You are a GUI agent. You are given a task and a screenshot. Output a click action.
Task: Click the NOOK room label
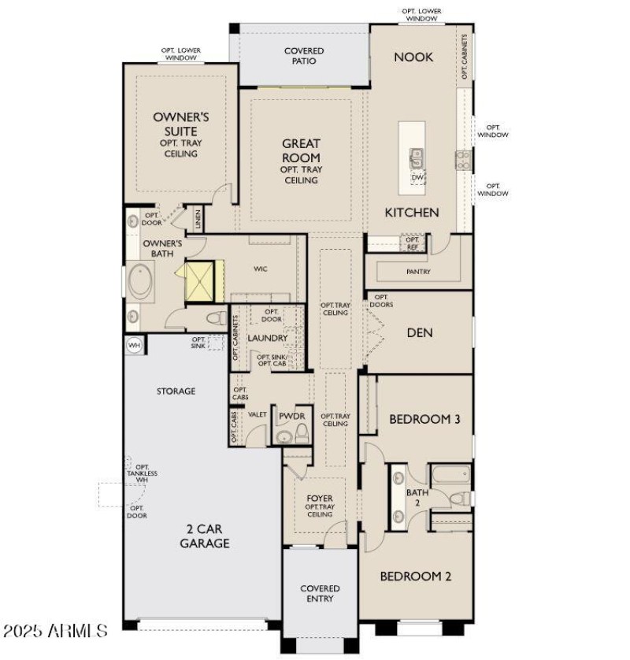pos(413,57)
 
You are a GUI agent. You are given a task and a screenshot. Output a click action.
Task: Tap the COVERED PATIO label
pos(303,57)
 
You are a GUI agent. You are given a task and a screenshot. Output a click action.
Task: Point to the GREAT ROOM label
pos(301,150)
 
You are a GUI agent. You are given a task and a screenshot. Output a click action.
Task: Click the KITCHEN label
pos(411,213)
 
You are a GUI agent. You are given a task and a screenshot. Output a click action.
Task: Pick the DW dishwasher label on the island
pos(417,178)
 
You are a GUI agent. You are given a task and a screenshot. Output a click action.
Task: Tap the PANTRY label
pos(418,272)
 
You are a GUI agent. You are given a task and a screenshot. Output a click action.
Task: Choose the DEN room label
pos(420,333)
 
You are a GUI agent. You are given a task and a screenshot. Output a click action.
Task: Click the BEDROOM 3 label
pos(424,419)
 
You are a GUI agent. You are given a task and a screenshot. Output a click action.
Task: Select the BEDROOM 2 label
pos(415,577)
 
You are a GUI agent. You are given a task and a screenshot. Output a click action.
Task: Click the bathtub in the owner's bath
pos(143,281)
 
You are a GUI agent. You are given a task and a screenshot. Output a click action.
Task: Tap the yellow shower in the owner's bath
pos(199,281)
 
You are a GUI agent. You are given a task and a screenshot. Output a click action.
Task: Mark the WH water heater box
pos(133,344)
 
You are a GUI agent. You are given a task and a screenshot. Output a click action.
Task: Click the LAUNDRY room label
pos(267,339)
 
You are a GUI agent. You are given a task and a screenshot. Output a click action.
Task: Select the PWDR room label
pos(291,415)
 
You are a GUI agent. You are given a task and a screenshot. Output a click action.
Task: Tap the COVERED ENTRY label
pos(320,593)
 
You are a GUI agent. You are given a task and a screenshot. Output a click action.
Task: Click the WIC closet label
pos(261,269)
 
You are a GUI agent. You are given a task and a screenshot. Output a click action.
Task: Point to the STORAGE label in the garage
pos(176,391)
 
